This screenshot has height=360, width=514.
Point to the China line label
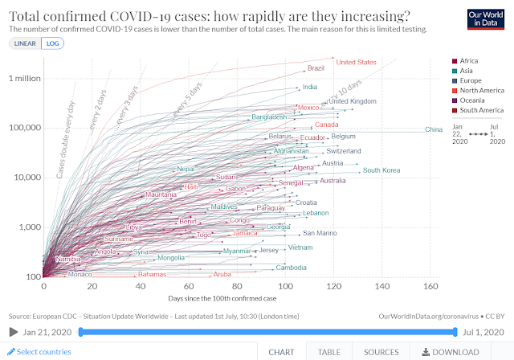pyautogui.click(x=434, y=129)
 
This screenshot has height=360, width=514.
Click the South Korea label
pyautogui.click(x=381, y=170)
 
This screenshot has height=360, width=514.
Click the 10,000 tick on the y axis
pyautogui.click(x=23, y=178)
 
